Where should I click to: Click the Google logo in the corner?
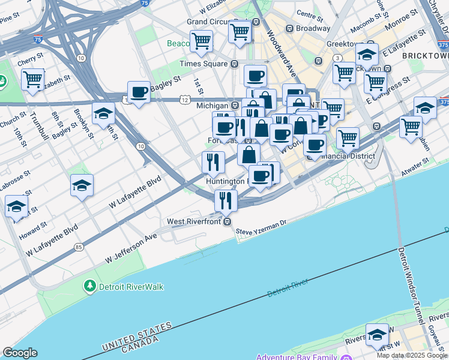(x=20, y=353)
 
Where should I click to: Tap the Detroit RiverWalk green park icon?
(x=90, y=286)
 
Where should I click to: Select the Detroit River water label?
(x=288, y=288)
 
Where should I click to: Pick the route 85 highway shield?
(x=79, y=247)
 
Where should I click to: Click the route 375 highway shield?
(x=443, y=45)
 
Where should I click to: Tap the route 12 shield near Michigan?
(x=184, y=99)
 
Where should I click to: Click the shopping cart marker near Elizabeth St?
(x=32, y=79)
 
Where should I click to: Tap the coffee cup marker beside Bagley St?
(x=139, y=92)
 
